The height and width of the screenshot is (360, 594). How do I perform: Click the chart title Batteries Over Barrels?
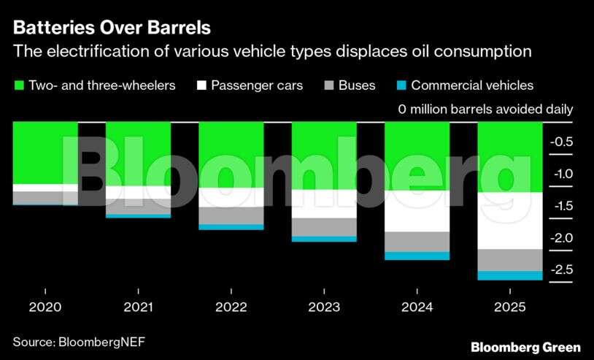(x=112, y=28)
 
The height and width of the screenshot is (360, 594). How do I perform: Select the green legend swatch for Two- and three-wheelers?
(x=18, y=85)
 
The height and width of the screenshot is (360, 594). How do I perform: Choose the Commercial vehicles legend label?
(x=472, y=85)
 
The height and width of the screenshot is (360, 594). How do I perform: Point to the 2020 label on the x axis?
(x=45, y=307)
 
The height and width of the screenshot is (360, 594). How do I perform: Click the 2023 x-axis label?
(x=324, y=307)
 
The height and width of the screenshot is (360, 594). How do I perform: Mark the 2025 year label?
(x=509, y=307)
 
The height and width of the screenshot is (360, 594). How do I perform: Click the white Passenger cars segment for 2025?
(x=509, y=221)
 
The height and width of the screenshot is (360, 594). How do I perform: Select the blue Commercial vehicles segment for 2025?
(x=509, y=275)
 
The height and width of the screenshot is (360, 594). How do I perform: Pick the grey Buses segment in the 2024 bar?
(x=417, y=242)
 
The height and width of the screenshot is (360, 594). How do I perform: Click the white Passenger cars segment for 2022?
(x=231, y=197)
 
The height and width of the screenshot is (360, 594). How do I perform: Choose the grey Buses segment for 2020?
(x=45, y=197)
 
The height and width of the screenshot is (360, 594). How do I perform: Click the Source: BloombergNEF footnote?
(x=84, y=341)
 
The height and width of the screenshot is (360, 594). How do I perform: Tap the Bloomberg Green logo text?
(x=525, y=347)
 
